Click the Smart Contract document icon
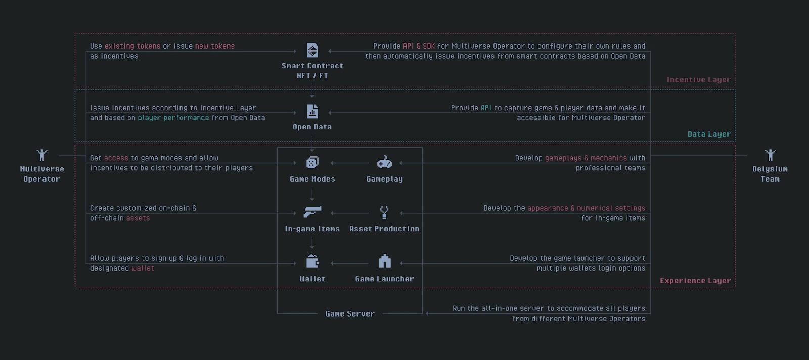click(x=312, y=51)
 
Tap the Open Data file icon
click(x=312, y=111)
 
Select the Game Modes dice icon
click(x=312, y=162)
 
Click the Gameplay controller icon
click(x=384, y=162)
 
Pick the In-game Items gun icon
click(x=312, y=212)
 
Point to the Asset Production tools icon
click(x=384, y=212)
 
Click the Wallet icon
click(x=312, y=261)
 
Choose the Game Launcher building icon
click(x=385, y=261)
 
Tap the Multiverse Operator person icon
click(x=42, y=155)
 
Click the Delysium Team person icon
click(x=770, y=155)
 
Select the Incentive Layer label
click(x=698, y=80)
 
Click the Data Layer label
click(x=709, y=134)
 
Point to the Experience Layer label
click(x=695, y=281)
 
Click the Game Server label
click(x=350, y=314)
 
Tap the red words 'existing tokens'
click(x=132, y=46)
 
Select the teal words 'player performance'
click(x=173, y=118)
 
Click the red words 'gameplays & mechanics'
click(x=586, y=158)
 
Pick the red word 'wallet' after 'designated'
click(x=143, y=268)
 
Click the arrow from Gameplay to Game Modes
click(x=349, y=163)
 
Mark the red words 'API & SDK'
click(x=419, y=46)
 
